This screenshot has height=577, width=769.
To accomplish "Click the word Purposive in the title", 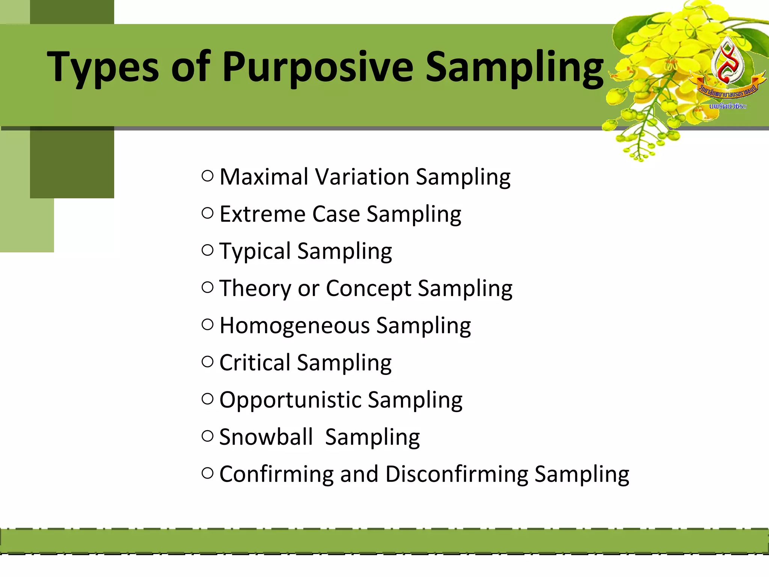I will [317, 68].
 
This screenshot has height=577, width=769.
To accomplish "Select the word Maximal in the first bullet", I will [264, 177].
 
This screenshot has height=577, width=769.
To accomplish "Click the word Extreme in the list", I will [262, 214].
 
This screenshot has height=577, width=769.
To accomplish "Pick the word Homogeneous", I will [294, 326].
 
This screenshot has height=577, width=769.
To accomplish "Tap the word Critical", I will [255, 363].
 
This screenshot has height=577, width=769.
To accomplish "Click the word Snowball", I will [265, 437].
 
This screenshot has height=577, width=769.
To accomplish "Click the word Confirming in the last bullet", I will [276, 474].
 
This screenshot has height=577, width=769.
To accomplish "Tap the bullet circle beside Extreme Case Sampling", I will [207, 213].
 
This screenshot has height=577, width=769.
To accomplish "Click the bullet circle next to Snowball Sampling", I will [207, 436].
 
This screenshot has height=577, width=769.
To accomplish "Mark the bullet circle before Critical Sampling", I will [207, 362].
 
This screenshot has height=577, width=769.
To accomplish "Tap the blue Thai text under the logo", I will [727, 107].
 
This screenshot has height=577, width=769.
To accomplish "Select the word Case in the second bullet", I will [336, 214].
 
